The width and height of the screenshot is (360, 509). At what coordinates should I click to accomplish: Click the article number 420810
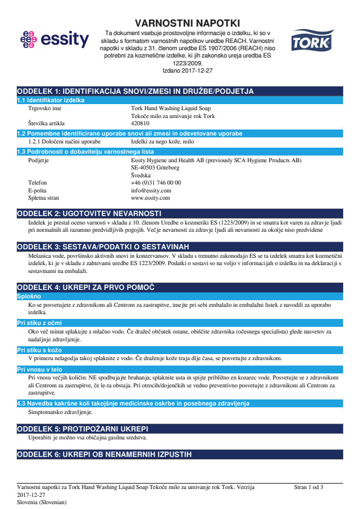140,123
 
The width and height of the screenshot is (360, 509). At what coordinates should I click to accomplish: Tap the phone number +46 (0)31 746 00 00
156,182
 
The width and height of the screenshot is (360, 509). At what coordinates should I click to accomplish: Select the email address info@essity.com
151,190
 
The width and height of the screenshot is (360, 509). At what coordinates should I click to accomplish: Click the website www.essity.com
151,198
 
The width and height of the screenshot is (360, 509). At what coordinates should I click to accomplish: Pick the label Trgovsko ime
45,108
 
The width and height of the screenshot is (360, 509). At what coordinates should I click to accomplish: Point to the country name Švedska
142,174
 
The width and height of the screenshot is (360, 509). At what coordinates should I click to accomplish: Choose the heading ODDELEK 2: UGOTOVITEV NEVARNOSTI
90,214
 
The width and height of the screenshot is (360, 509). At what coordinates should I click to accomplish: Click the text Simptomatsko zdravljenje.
61,412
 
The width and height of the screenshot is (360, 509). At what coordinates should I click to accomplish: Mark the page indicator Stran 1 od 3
309,487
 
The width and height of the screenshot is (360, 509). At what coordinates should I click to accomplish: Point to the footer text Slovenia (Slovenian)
42,502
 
